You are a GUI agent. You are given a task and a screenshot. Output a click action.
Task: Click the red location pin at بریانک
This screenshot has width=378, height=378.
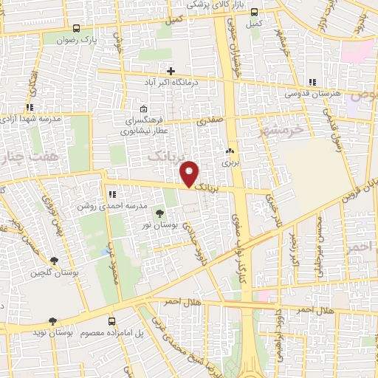coord(190,174)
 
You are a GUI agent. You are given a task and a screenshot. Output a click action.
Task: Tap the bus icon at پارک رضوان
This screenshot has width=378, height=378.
coord(77,28)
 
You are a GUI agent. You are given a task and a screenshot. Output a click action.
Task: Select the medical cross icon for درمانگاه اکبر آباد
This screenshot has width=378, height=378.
coord(171,72)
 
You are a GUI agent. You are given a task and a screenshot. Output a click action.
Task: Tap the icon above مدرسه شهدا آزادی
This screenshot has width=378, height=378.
coord(30,108)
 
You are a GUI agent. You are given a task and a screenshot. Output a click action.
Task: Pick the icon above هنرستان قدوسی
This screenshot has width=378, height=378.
coord(312,81)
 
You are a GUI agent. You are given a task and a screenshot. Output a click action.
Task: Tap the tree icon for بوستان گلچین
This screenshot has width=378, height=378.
coord(54,261)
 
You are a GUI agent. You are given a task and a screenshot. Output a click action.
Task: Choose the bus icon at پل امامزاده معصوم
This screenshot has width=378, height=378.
coord(111,321)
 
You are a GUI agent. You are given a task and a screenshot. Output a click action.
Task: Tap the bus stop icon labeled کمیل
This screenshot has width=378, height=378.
coord(255,12)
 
